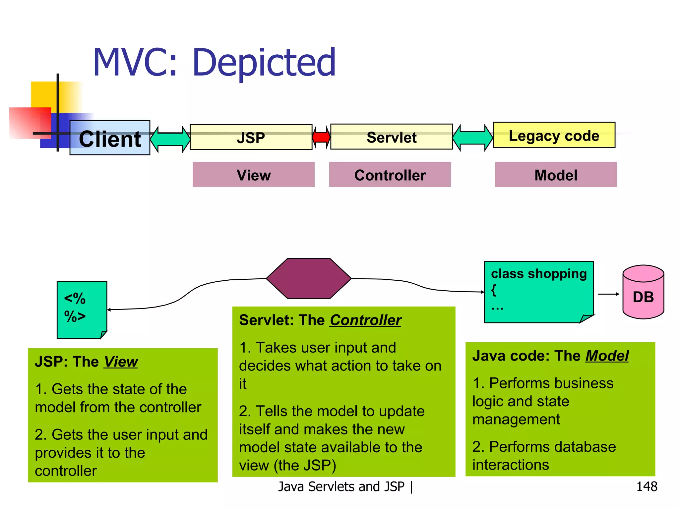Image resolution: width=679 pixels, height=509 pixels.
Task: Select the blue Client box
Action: (110, 138)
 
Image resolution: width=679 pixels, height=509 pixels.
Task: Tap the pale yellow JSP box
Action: (251, 137)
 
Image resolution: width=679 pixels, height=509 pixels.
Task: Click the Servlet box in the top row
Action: (392, 137)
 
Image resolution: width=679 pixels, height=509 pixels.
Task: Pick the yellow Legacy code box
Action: (554, 135)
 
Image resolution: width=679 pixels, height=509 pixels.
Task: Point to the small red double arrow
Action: (321, 137)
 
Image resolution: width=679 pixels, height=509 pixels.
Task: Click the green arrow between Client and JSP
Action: (170, 139)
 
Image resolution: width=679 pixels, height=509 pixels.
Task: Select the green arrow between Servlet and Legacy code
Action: (472, 138)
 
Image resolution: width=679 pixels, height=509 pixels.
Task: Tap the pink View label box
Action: (254, 175)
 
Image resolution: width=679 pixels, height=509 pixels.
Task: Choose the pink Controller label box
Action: (390, 175)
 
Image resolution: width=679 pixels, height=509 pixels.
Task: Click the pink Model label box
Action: (556, 175)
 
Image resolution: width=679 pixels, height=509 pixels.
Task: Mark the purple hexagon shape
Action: (309, 278)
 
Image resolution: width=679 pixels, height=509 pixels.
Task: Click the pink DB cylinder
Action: (643, 293)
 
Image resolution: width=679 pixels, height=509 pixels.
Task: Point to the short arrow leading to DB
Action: (608, 294)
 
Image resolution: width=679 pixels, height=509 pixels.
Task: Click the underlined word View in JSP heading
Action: (121, 362)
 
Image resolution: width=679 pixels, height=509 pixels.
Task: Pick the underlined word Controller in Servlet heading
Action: (365, 320)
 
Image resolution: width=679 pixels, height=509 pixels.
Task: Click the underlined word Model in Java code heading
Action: (607, 356)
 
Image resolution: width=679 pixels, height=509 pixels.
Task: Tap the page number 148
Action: (647, 486)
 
